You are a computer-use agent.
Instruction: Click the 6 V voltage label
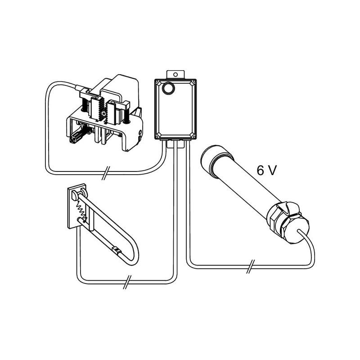coord(267,171)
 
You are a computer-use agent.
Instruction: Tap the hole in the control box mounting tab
coord(175,74)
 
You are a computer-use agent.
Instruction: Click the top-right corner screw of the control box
coord(193,81)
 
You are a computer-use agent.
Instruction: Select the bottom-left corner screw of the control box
coord(157,137)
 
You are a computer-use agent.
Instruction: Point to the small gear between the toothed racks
coord(104,113)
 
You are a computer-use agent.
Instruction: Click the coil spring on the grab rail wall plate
coord(82,210)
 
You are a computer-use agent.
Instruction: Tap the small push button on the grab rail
coord(116,249)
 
